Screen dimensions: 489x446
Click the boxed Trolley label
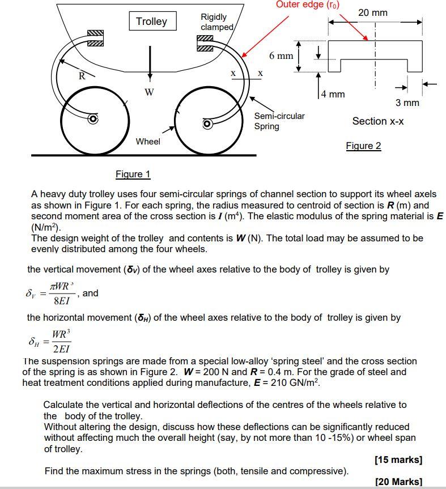coord(151,22)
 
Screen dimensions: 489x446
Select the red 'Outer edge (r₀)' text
coord(308,5)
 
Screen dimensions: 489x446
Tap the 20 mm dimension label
coord(373,12)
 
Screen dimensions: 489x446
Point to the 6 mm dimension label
coord(281,56)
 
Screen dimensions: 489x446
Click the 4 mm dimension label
coord(333,93)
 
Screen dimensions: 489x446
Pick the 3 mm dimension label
coord(407,103)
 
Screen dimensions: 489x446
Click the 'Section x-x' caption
coord(378,121)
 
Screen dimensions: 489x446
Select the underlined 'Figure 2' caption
coord(363,146)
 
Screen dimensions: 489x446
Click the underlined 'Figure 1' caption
coord(133,174)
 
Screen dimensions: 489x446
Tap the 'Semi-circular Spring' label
coord(279,121)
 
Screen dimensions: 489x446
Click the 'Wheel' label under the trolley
coord(147,142)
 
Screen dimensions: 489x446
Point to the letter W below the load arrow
coord(149,92)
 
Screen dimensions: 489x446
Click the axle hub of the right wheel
coord(207,123)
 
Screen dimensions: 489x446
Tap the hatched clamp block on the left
coord(96,37)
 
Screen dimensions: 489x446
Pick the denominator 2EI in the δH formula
coord(62,348)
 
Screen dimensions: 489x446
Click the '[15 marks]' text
coord(398,460)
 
